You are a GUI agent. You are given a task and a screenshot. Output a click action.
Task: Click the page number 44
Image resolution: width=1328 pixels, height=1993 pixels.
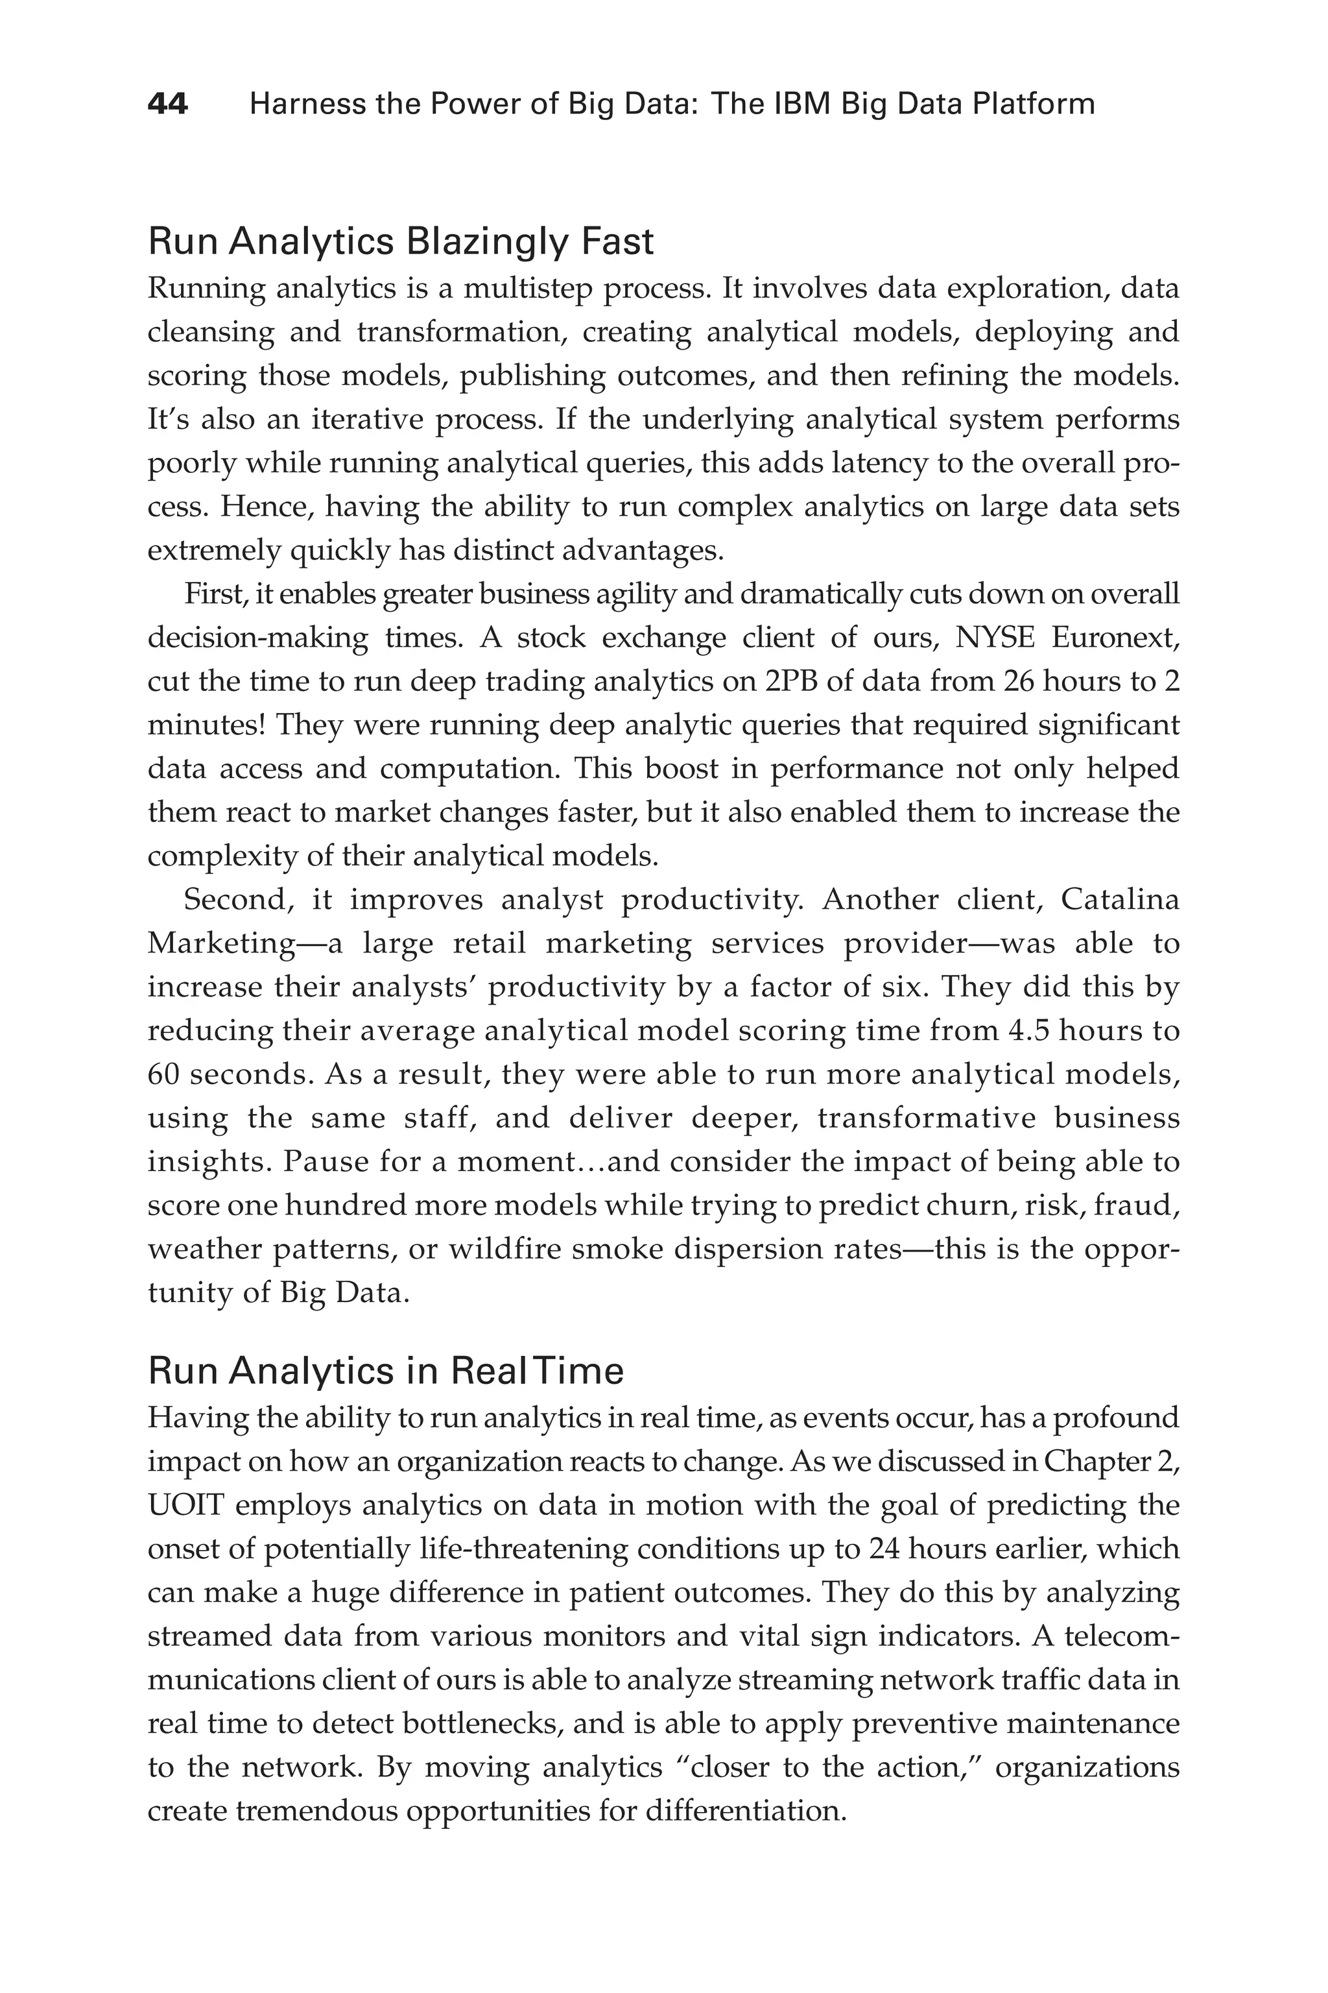(x=168, y=105)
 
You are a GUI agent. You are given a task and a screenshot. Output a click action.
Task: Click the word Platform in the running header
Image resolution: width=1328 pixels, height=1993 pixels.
(x=1033, y=105)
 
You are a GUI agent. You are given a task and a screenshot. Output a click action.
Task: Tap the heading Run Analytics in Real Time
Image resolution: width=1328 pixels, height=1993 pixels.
(x=385, y=1371)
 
